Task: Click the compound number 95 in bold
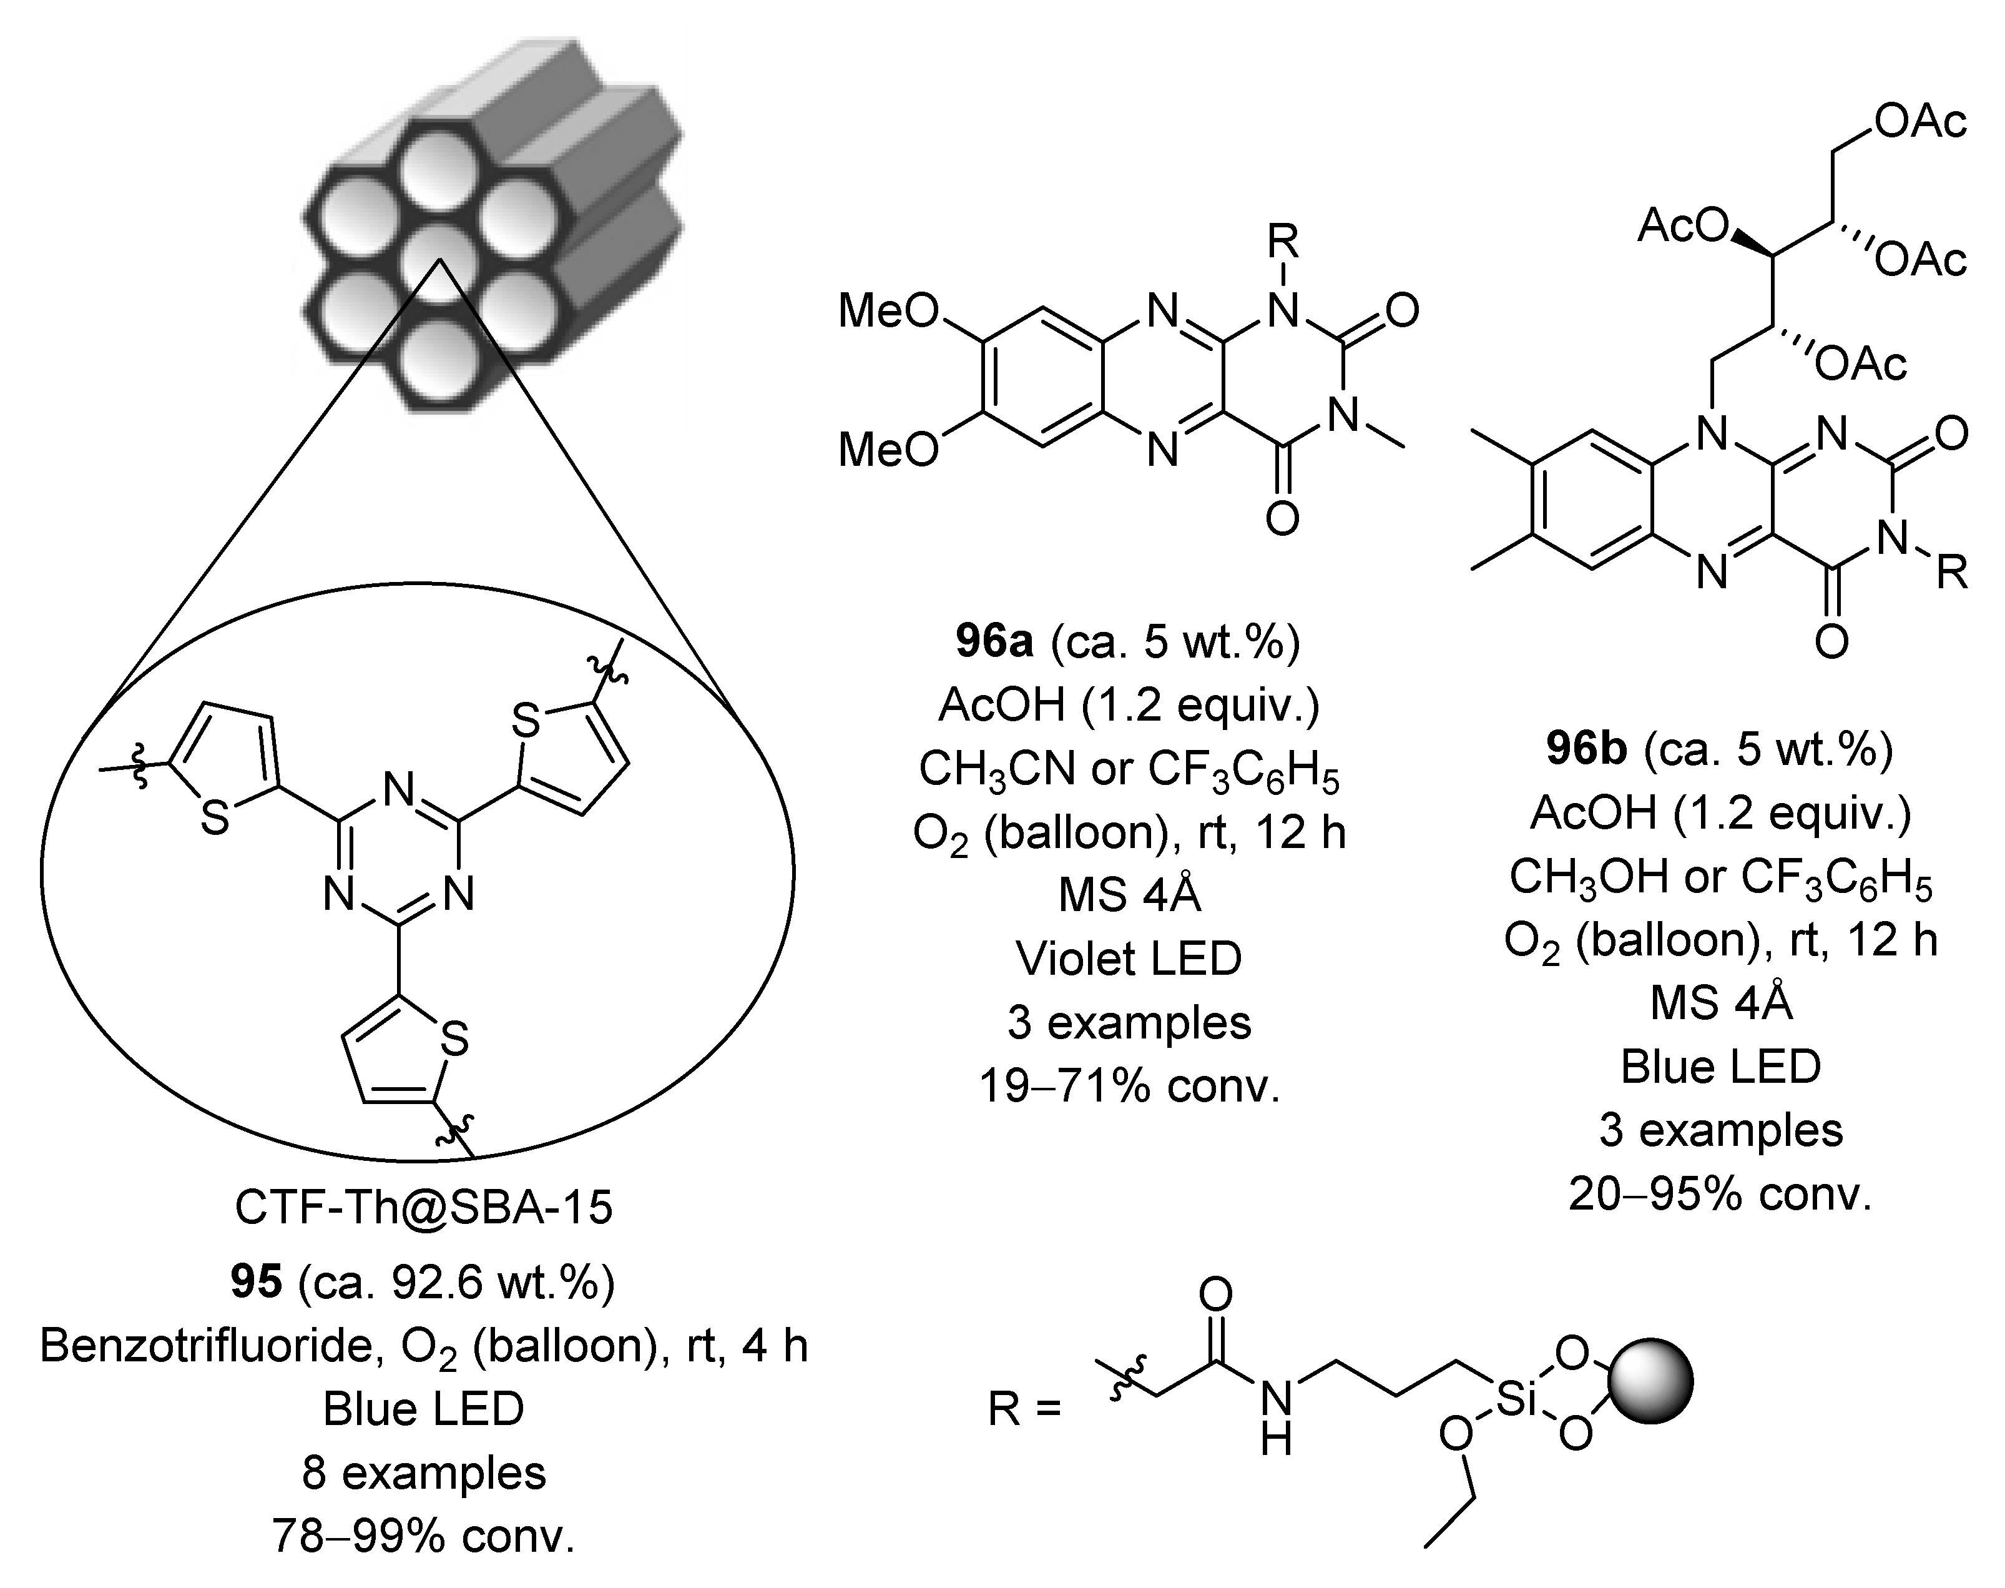tap(257, 1283)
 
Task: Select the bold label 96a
tap(994, 641)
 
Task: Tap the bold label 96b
tap(1586, 749)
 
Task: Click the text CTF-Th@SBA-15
tap(424, 1208)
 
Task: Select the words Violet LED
tap(1129, 959)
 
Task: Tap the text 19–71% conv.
tap(1129, 1085)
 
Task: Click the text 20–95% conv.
tap(1720, 1193)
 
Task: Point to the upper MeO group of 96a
tap(888, 310)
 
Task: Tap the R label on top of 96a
tap(1283, 243)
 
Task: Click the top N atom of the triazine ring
tap(399, 791)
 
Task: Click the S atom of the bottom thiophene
tap(454, 1040)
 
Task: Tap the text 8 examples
tap(424, 1472)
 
